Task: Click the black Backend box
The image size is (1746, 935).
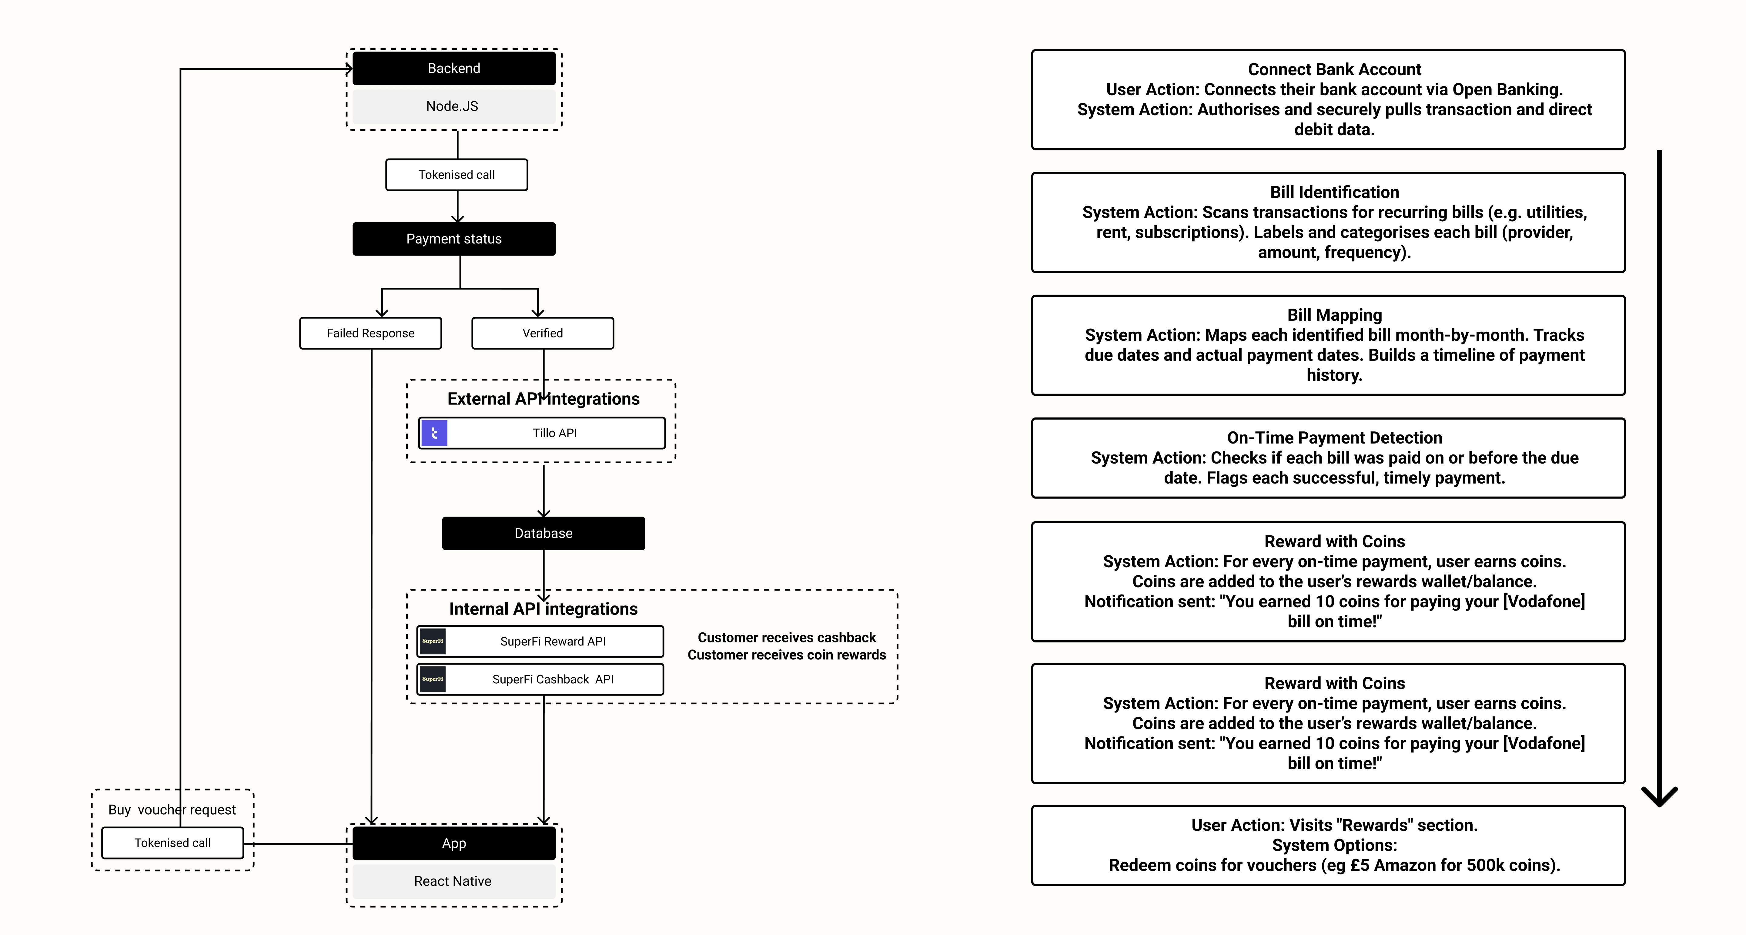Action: click(454, 69)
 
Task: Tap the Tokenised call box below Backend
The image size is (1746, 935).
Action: click(457, 175)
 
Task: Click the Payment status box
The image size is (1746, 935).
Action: click(454, 239)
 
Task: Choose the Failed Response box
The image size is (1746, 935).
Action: click(371, 333)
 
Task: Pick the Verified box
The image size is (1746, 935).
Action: click(543, 333)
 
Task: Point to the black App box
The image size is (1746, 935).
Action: click(454, 843)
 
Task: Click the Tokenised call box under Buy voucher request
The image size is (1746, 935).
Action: click(173, 843)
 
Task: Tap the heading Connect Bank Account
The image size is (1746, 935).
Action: click(1335, 69)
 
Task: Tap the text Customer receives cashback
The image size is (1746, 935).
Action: click(787, 637)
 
